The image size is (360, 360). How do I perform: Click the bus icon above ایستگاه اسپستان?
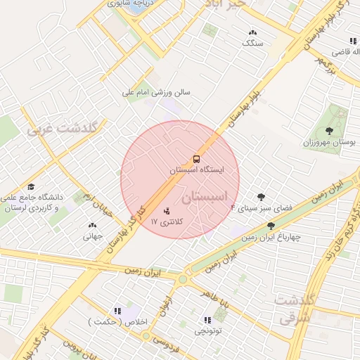196,158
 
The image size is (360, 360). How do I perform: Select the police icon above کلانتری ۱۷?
167,210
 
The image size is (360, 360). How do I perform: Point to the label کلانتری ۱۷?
167,221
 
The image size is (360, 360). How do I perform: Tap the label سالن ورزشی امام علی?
157,92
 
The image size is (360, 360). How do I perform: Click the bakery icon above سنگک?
253,32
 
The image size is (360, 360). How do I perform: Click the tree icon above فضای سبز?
262,198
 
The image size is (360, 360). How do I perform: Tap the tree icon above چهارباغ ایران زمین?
271,226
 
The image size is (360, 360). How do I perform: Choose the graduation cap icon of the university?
31,186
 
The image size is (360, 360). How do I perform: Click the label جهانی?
93,236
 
